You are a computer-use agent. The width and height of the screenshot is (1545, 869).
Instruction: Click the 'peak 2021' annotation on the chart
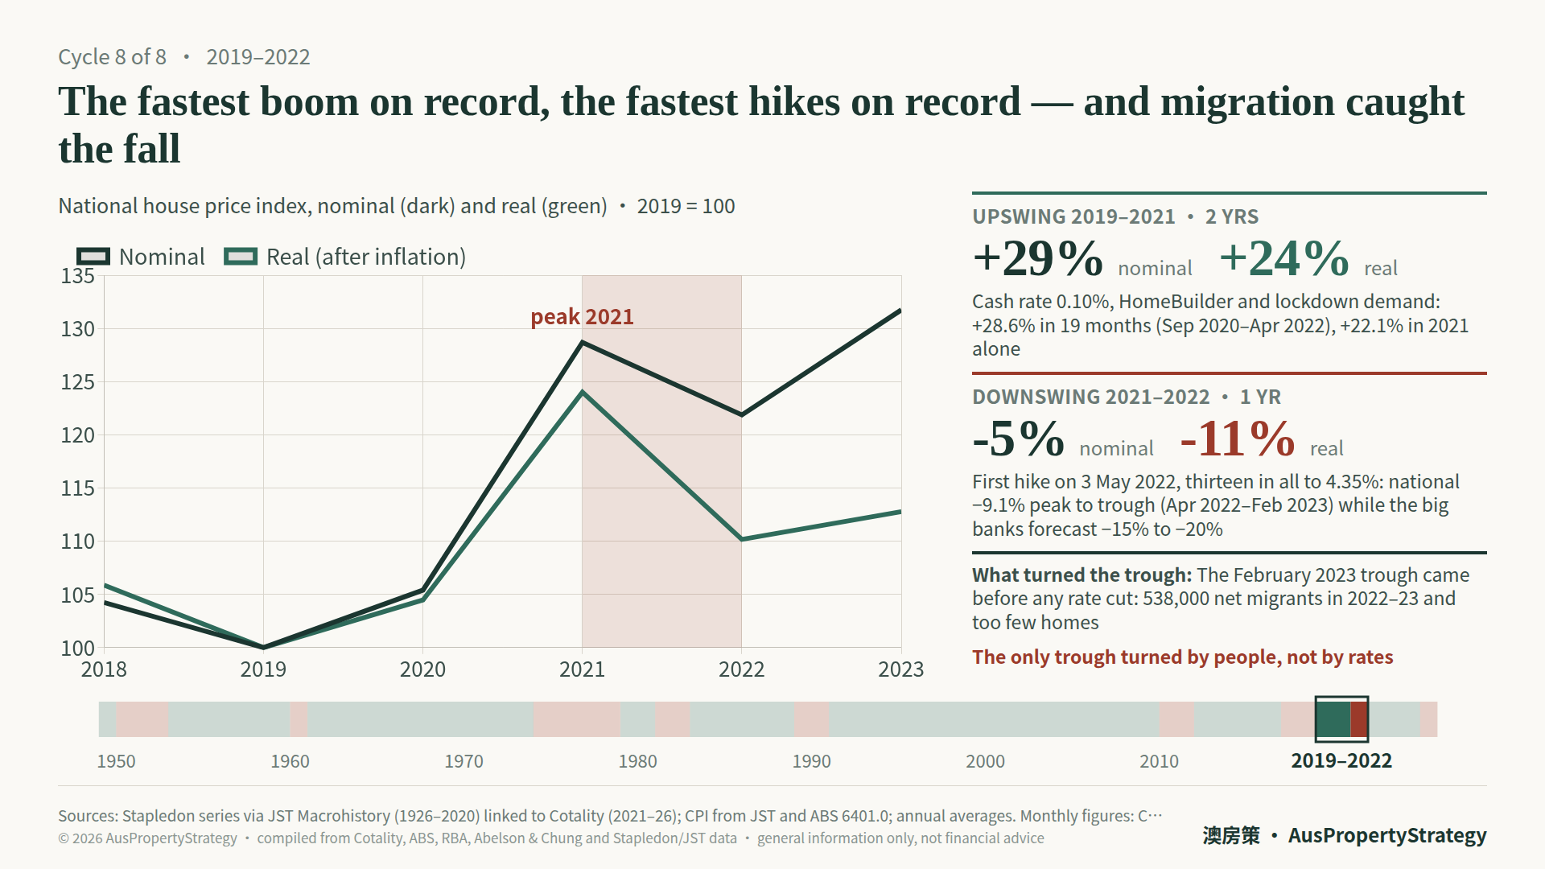[x=582, y=317]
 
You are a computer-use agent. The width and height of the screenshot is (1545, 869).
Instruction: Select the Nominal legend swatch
[x=93, y=257]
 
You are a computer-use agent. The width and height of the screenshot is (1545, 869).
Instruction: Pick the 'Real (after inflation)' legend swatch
[x=241, y=257]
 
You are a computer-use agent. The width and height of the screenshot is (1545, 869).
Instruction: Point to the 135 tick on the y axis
[x=78, y=276]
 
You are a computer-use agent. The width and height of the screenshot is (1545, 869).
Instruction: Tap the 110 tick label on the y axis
[x=78, y=542]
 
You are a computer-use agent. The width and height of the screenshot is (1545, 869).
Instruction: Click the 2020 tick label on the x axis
[x=422, y=669]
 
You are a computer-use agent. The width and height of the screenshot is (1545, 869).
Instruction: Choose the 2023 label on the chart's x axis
[x=900, y=669]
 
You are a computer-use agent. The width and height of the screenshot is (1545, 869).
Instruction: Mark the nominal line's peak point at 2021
[x=582, y=343]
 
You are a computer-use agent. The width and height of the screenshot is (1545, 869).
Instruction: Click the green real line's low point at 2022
[x=741, y=539]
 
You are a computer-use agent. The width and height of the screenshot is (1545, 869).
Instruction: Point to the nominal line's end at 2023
[x=900, y=311]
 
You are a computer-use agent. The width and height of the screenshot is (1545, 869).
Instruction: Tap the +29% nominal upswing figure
[x=1037, y=258]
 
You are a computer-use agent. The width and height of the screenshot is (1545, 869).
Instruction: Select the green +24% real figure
[x=1284, y=258]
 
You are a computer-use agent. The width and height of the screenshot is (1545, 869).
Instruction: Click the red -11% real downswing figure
[x=1238, y=439]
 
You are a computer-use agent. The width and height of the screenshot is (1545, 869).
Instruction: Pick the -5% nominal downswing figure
[x=1018, y=439]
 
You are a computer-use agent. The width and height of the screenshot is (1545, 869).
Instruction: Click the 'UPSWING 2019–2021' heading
[x=1073, y=217]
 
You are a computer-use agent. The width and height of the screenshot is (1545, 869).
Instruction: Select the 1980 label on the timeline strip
[x=637, y=761]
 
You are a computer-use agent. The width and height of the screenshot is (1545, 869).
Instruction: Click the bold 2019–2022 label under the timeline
[x=1341, y=761]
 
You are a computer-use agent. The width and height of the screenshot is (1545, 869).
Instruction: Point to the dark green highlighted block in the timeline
[x=1333, y=719]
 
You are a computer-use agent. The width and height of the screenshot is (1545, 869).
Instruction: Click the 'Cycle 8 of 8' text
[x=112, y=57]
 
